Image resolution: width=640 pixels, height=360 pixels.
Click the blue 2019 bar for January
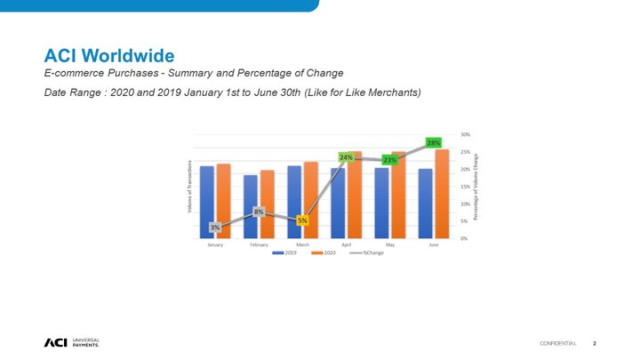[x=207, y=201]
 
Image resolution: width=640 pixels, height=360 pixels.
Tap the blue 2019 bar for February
[x=251, y=205]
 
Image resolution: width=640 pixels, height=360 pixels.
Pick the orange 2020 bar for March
[x=310, y=199]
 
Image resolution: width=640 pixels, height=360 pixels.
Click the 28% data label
[x=434, y=142]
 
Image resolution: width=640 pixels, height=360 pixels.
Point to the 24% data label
[x=347, y=157]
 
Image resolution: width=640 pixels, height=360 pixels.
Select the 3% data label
[x=215, y=228]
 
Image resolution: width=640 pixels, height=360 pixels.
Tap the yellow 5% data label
[x=303, y=220]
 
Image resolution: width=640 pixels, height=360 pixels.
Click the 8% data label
[x=259, y=212]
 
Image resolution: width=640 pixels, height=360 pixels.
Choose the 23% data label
[x=389, y=160]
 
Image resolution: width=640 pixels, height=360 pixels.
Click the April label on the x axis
[x=346, y=244]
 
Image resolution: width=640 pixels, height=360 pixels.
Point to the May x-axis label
[x=389, y=244]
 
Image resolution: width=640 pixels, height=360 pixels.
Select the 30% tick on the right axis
[x=466, y=135]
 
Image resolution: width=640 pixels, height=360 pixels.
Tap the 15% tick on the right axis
[x=466, y=187]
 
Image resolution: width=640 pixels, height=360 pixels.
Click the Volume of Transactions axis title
[x=189, y=186]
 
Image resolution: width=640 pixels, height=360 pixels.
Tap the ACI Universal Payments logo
[x=71, y=343]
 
